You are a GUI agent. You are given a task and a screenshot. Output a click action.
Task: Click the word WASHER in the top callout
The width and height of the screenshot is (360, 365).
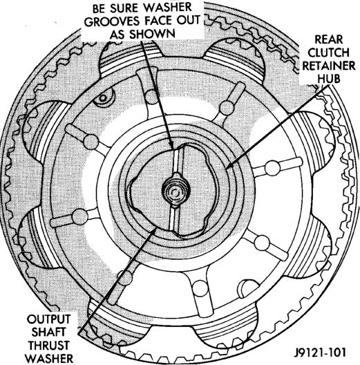tap(164, 8)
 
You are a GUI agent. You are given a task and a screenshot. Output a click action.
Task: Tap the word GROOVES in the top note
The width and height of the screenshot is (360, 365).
tap(113, 21)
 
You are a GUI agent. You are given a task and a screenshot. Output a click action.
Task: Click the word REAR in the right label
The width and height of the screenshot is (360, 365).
tap(329, 39)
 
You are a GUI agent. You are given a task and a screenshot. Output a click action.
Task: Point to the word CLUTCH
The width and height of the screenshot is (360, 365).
tap(329, 53)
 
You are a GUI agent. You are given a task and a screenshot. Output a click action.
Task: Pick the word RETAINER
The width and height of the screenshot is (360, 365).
tap(329, 66)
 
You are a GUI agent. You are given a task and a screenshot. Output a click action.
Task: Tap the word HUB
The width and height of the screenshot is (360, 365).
tap(329, 79)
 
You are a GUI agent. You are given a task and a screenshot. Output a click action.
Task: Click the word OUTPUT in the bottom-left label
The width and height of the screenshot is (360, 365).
tap(48, 319)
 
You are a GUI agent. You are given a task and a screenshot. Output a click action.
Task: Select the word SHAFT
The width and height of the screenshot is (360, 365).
tap(48, 333)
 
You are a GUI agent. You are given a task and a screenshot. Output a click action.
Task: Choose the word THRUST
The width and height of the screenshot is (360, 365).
tap(48, 346)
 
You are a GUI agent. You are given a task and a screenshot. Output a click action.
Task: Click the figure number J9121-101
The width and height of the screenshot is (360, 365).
tap(319, 353)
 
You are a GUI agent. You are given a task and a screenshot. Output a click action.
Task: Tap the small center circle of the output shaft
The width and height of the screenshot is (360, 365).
tap(174, 192)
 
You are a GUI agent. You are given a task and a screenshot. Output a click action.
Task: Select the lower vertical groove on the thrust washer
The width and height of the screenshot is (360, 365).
tap(174, 219)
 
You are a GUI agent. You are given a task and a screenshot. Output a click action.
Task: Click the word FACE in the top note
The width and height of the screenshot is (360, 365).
tap(158, 21)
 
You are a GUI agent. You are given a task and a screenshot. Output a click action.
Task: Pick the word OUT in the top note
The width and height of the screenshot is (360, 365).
tap(187, 21)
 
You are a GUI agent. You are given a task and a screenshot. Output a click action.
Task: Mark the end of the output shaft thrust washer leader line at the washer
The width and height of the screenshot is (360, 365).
tap(155, 229)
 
